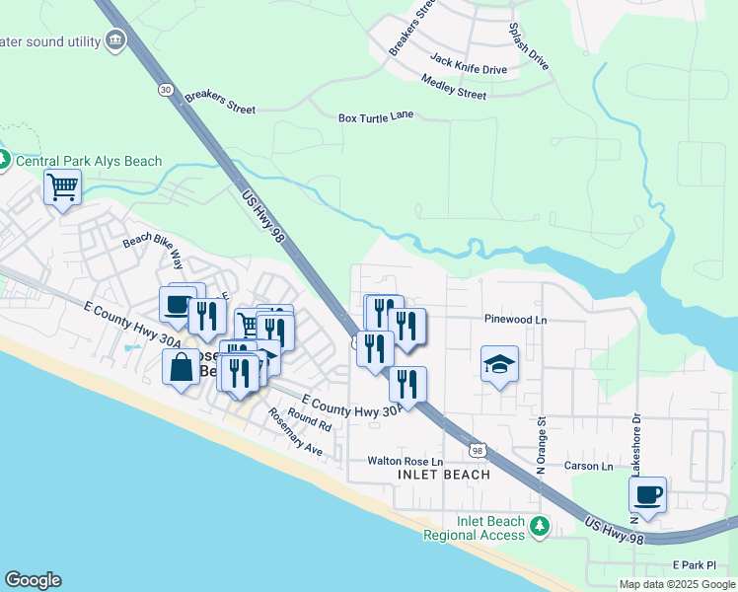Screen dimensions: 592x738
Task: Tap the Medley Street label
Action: pyautogui.click(x=453, y=87)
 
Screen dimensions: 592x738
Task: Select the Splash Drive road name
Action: pyautogui.click(x=528, y=46)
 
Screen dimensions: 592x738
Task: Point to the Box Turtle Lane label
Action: pyautogui.click(x=376, y=116)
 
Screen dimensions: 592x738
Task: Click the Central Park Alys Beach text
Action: pyautogui.click(x=89, y=161)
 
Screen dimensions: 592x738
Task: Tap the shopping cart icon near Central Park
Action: pyautogui.click(x=62, y=186)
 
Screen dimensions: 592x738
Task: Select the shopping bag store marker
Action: pyautogui.click(x=182, y=369)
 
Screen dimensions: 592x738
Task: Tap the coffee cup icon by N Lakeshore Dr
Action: pyautogui.click(x=647, y=495)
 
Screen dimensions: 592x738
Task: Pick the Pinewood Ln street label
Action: pyautogui.click(x=515, y=320)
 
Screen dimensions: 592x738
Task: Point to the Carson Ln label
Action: pyautogui.click(x=588, y=466)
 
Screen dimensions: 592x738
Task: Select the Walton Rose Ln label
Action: pyautogui.click(x=406, y=461)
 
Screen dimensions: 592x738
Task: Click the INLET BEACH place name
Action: pyautogui.click(x=443, y=475)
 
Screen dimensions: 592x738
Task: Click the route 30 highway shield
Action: pyautogui.click(x=163, y=90)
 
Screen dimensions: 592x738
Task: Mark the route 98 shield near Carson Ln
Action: pyautogui.click(x=478, y=450)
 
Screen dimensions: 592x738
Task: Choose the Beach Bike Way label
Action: pyautogui.click(x=153, y=252)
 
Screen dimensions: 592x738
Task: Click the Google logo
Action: pyautogui.click(x=33, y=580)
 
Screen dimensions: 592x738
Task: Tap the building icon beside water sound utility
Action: pyautogui.click(x=116, y=40)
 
